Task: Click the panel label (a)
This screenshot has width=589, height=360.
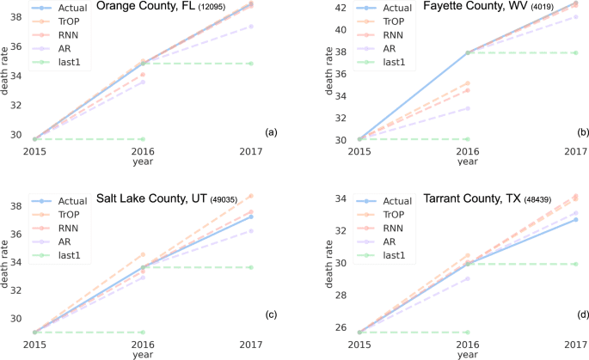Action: click(271, 132)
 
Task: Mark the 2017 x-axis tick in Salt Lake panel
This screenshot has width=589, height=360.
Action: click(252, 345)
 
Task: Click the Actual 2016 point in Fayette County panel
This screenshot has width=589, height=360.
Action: click(467, 52)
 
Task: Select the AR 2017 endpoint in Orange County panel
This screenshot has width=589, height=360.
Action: click(252, 26)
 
